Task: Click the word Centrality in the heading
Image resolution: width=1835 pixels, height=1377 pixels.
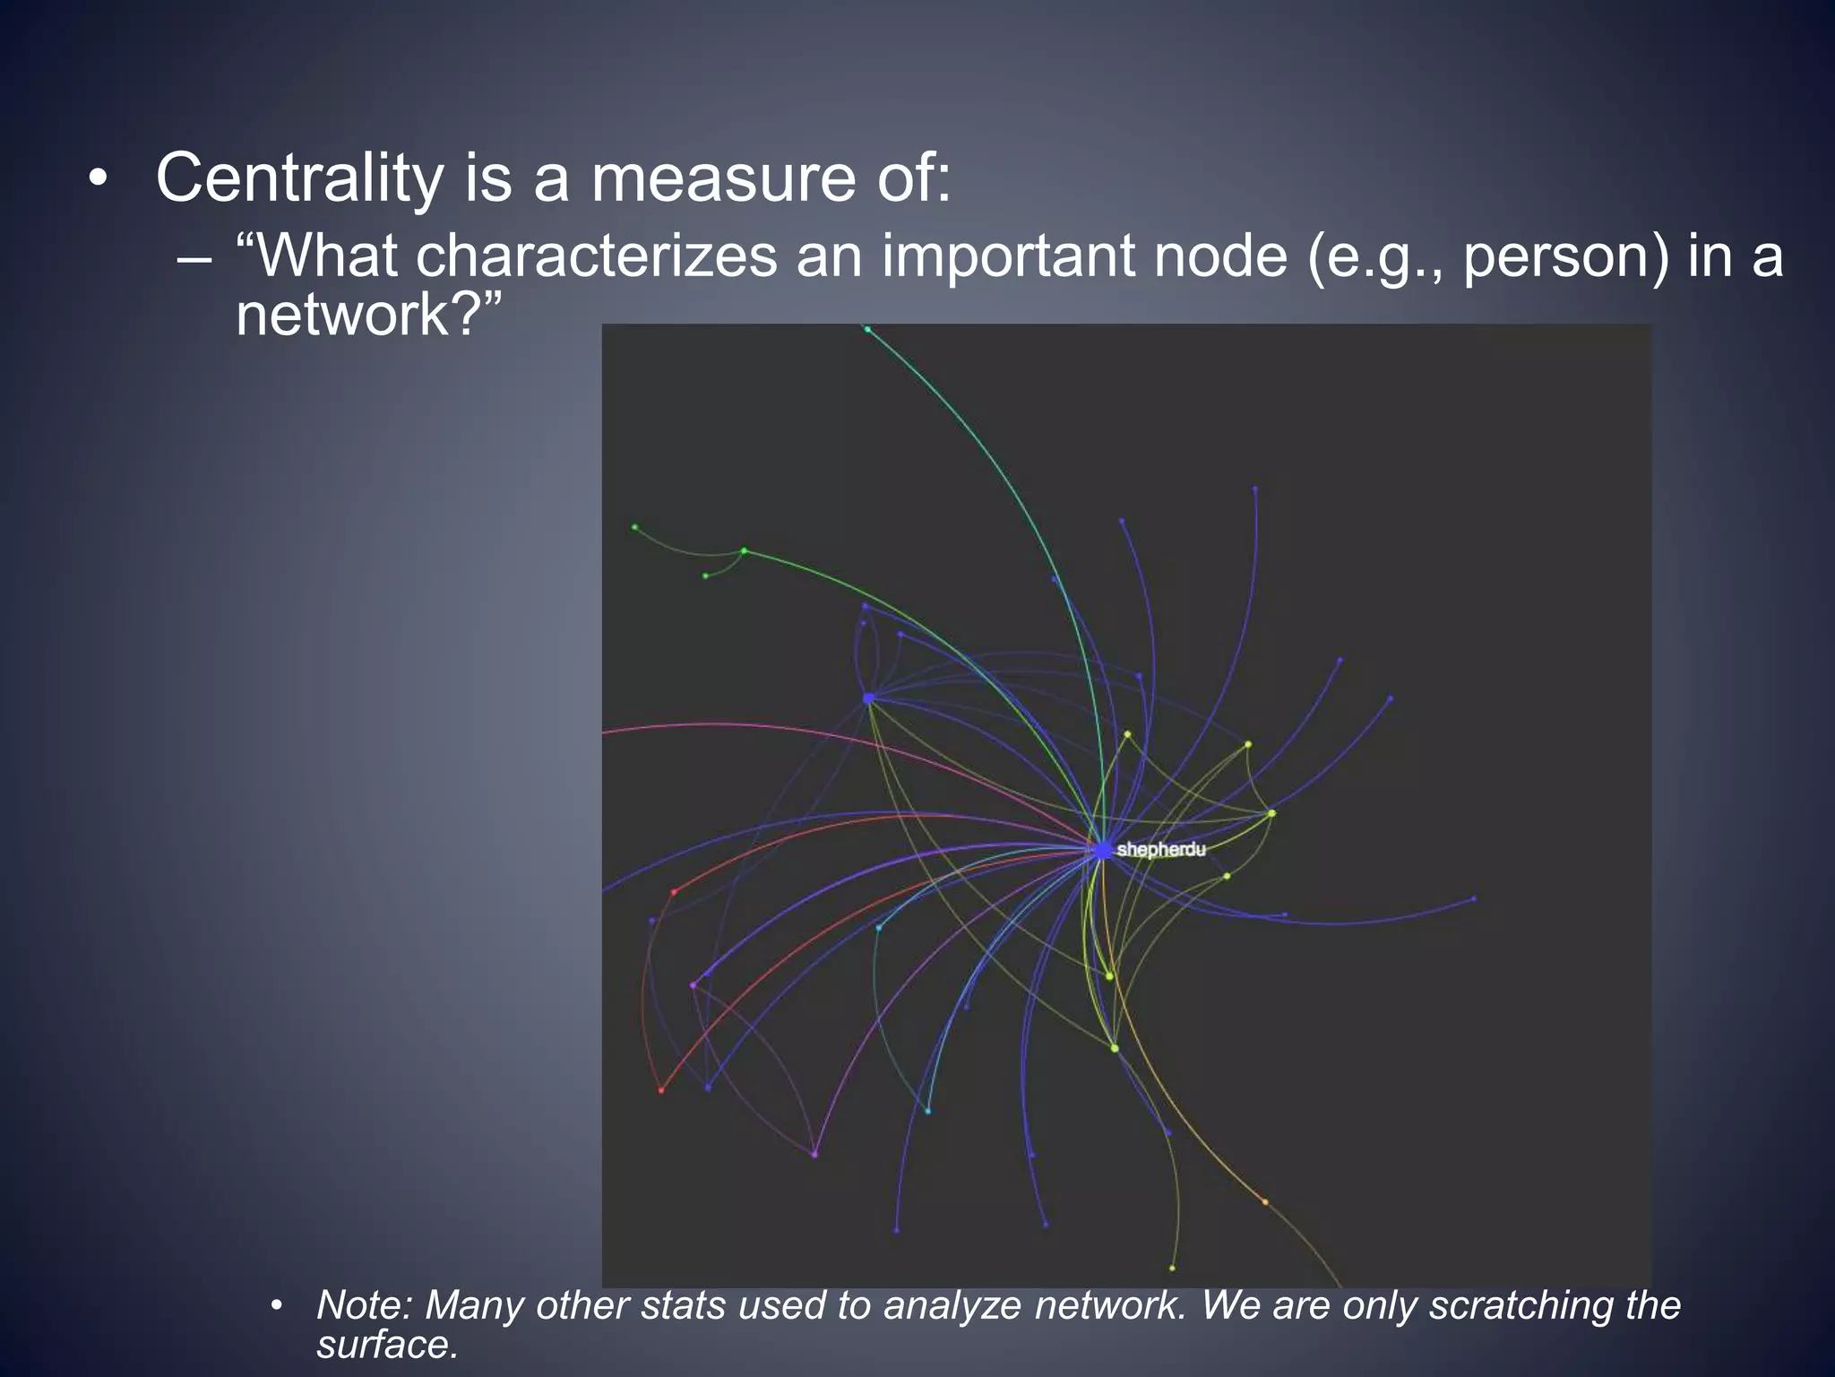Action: coord(298,178)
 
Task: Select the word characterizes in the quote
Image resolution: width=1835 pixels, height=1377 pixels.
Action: coord(596,256)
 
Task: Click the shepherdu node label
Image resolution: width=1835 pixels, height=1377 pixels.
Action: coord(1161,849)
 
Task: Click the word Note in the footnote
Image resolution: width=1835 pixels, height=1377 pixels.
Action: coord(363,1305)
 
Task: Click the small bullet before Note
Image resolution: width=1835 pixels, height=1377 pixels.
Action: coord(278,1306)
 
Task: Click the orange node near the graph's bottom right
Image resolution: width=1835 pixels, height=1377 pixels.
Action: coord(1265,1202)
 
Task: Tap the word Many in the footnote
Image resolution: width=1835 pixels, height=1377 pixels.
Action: coord(474,1305)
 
